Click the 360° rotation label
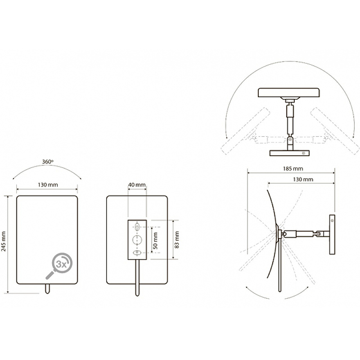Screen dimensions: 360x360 48,162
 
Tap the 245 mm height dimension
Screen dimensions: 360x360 4,241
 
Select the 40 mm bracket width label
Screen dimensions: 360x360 137,184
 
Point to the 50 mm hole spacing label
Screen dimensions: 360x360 155,241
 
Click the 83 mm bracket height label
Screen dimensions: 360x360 177,240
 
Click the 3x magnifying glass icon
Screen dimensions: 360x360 59,266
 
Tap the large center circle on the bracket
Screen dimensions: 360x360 137,240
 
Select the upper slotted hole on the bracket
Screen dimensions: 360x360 137,227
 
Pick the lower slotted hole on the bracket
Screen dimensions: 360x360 137,253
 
